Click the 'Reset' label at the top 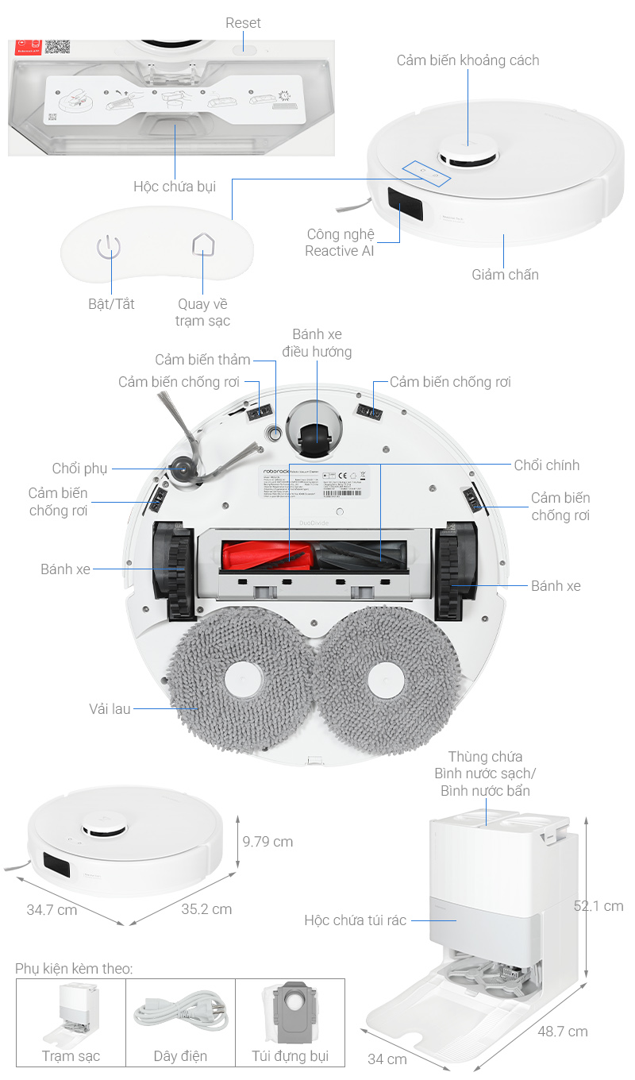click(243, 22)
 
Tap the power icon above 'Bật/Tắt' click(108, 247)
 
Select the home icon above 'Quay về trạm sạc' click(203, 244)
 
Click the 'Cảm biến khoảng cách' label click(468, 60)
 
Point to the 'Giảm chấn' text click(505, 275)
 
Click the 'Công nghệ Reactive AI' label click(341, 242)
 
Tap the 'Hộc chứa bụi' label click(175, 187)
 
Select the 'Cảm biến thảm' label click(202, 361)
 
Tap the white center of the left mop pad click(243, 681)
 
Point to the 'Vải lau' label click(110, 708)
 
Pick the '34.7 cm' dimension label click(52, 910)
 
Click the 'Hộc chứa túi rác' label click(355, 920)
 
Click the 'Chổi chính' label click(546, 465)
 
